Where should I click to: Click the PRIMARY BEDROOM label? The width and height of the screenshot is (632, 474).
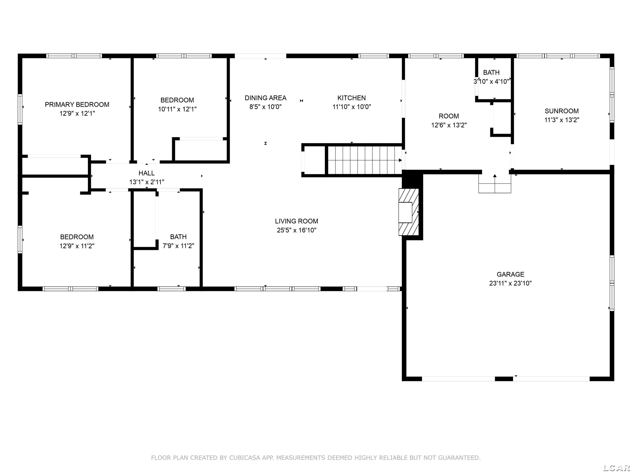coord(77,104)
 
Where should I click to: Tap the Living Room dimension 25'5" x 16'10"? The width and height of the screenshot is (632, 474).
coord(297,230)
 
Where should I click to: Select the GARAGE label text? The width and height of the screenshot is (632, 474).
coord(510,274)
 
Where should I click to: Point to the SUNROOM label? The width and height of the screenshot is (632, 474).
coord(561,111)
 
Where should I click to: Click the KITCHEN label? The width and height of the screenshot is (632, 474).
coord(351,98)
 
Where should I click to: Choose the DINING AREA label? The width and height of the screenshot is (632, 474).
coord(265,98)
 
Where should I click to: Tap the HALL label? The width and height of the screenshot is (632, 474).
coord(147,173)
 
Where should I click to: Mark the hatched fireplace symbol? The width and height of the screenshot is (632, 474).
coord(408,212)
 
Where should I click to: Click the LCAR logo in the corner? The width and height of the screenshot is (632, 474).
coord(617,467)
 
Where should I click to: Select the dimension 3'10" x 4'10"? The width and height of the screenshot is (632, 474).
coord(491,82)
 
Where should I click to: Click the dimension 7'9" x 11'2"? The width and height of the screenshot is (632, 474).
coord(178,246)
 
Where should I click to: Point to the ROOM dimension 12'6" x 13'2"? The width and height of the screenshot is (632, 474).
coord(449,125)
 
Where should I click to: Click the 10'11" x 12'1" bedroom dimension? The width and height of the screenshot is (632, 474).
coord(177,109)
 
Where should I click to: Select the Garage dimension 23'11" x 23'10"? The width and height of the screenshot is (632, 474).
coord(510,283)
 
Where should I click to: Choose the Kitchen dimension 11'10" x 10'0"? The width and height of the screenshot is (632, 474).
coord(351,107)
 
